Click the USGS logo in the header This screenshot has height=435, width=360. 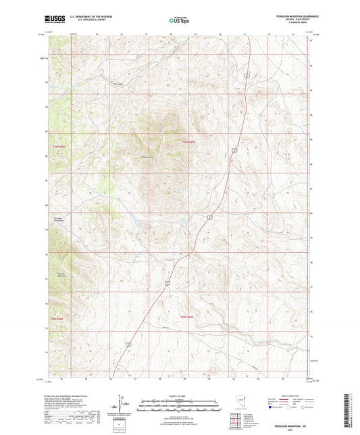(52, 19)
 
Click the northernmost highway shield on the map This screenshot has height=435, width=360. (248, 76)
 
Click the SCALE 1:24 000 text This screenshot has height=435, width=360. (179, 395)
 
